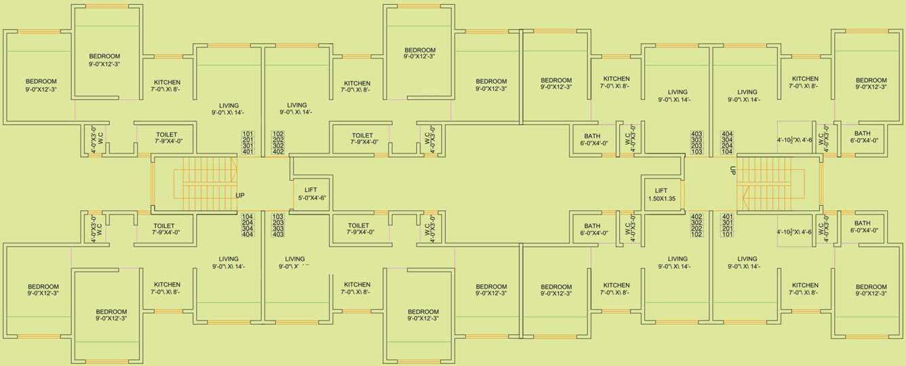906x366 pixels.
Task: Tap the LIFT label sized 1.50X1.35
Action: tap(661, 195)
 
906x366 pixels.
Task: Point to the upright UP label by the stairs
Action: tap(240, 196)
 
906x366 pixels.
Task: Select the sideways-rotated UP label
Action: tap(732, 171)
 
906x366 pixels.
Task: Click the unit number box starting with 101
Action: tap(247, 142)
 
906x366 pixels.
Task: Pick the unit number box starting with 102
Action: tap(277, 142)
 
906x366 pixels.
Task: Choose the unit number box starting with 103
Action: tap(277, 225)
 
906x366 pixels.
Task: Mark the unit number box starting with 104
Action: tap(247, 225)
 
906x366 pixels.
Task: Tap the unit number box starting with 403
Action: tap(696, 142)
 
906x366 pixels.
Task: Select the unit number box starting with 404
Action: tap(728, 142)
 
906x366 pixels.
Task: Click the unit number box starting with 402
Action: tap(696, 225)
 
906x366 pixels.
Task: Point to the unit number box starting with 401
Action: tap(728, 225)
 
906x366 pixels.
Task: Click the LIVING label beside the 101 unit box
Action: tap(229, 109)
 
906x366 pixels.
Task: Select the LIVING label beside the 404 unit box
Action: tap(747, 96)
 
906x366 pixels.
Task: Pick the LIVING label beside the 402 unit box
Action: tap(677, 263)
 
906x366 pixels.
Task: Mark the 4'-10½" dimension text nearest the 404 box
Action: tap(794, 140)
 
